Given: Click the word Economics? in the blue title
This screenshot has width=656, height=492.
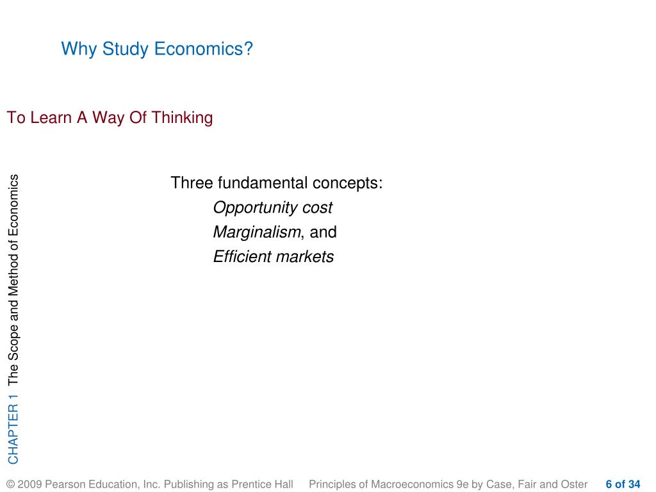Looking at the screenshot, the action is click(203, 49).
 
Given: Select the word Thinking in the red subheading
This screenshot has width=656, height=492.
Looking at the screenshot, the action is click(182, 118).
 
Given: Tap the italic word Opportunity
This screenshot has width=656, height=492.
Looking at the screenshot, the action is click(256, 208).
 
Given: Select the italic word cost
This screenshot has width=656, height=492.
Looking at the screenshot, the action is click(318, 208).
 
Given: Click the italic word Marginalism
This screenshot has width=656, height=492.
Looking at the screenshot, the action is click(257, 232).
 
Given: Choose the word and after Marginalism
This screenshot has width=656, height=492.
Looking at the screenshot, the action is click(323, 232).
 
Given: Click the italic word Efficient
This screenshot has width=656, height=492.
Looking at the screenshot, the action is click(242, 256).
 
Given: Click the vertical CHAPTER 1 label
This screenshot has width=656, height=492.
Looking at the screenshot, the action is click(13, 429).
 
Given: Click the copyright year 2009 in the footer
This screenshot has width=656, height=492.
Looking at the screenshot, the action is click(29, 484).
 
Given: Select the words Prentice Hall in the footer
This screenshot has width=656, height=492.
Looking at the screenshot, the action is click(262, 484).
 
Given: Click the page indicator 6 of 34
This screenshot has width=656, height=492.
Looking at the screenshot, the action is click(623, 484).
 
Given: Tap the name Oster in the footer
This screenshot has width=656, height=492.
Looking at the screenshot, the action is click(574, 484).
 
